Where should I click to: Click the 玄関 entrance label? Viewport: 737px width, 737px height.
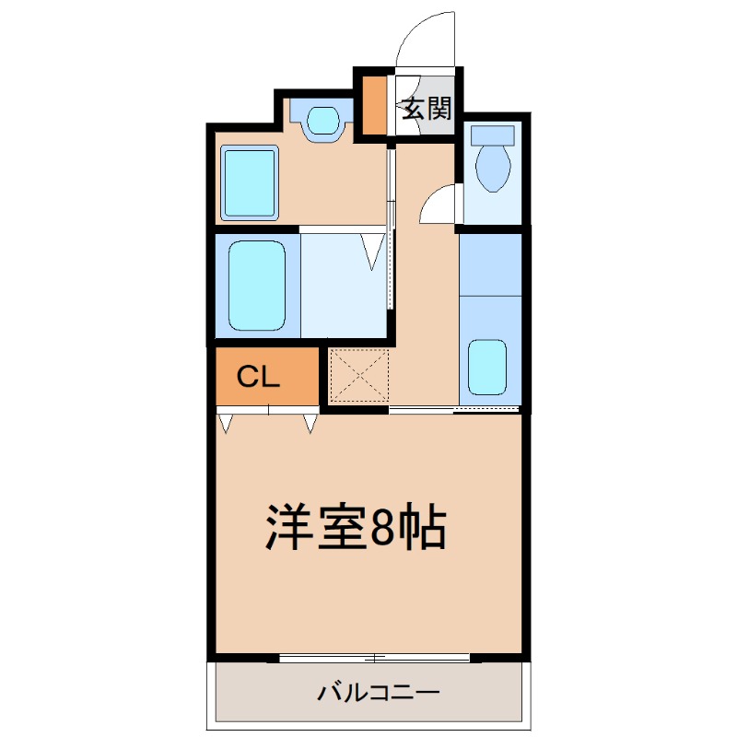point(427,110)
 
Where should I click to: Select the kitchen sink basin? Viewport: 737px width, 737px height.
point(487,366)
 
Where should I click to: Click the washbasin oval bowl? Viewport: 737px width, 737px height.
point(322,120)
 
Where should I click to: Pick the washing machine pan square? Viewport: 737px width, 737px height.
point(250,181)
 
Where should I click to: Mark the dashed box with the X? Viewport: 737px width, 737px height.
point(359,375)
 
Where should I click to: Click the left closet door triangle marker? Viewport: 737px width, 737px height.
point(226,424)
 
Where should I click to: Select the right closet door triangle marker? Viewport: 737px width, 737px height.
point(310,424)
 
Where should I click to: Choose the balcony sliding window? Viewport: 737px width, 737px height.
point(375,658)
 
